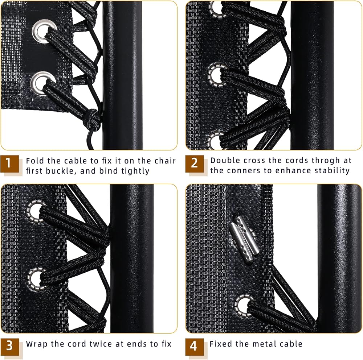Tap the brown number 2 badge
coord(195,164)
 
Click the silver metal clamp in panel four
coord(244,239)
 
